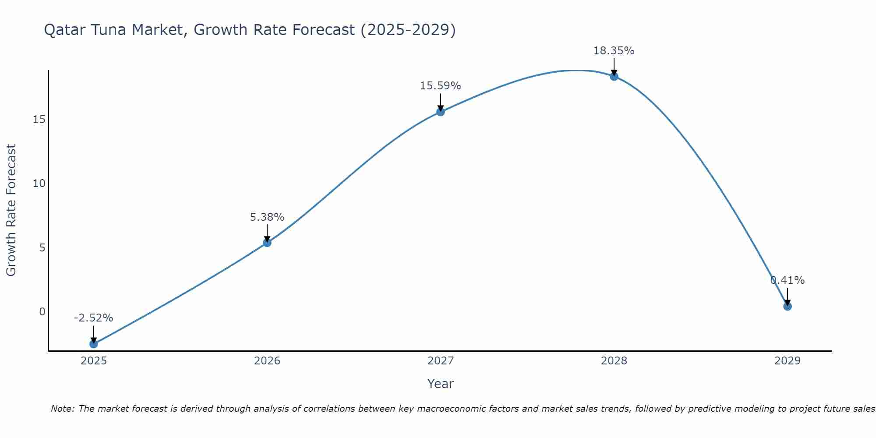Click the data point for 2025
coord(94,344)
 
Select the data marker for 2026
coord(267,243)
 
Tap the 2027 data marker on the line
coord(441,112)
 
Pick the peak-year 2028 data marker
coord(614,76)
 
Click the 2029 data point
coord(788,306)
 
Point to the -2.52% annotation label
coord(94,318)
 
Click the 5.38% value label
coord(267,217)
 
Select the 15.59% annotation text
coord(441,86)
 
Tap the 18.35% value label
coord(614,51)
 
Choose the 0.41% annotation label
coord(788,280)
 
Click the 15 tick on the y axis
coord(39,119)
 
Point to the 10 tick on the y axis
coord(39,184)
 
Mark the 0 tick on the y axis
coord(42,312)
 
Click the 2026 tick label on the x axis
coord(267,361)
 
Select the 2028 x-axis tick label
coord(614,361)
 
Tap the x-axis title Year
coord(441,384)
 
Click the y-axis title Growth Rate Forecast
coord(11,210)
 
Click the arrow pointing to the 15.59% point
coord(441,102)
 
